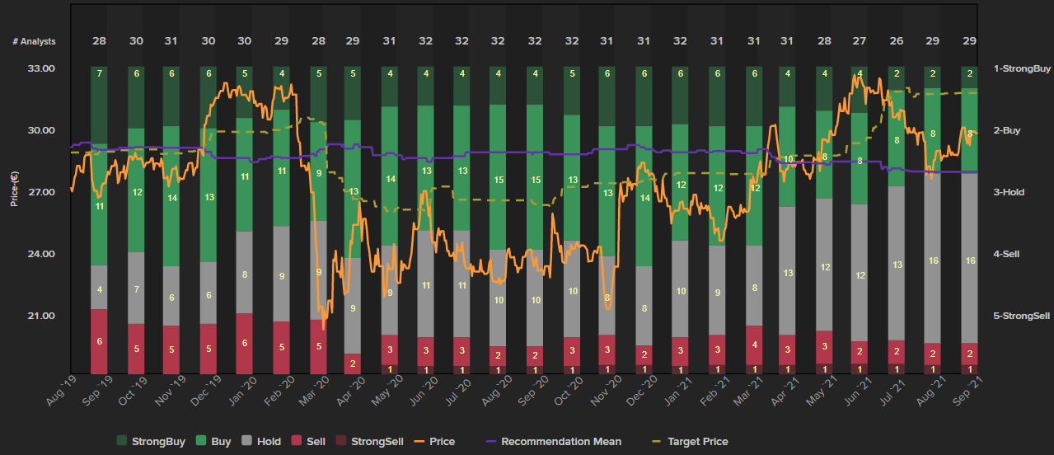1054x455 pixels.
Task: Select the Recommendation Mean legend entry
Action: [560, 442]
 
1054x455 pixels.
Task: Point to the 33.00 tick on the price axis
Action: [40, 68]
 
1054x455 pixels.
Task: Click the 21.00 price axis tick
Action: [40, 316]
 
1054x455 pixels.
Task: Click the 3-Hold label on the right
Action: [1009, 192]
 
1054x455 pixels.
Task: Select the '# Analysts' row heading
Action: [34, 41]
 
